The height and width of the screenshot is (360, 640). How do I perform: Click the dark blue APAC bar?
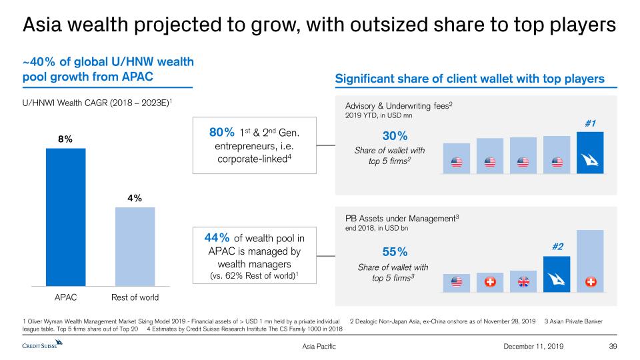point(65,217)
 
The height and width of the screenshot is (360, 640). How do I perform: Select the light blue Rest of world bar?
point(135,247)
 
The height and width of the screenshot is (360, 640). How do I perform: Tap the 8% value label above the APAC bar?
point(65,139)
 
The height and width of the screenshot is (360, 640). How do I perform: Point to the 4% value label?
point(135,198)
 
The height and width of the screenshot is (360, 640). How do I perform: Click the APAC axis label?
point(65,297)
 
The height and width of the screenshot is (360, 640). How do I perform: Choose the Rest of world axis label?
point(135,297)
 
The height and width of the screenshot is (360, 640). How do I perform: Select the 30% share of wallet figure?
point(380,135)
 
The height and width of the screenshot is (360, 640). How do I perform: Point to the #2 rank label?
point(557,247)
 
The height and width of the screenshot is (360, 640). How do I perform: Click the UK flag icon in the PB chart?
point(523,282)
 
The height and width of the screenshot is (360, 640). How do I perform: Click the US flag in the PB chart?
point(457,282)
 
